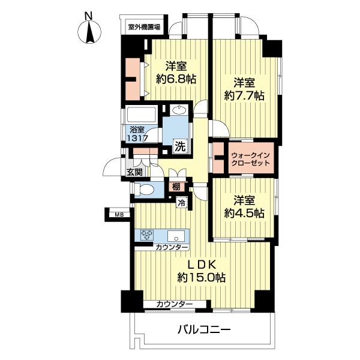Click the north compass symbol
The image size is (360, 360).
(89, 30)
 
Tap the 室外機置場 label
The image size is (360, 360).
(148, 26)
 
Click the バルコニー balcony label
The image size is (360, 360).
(204, 329)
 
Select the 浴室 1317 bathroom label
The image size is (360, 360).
(136, 133)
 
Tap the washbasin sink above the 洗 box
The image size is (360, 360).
(178, 110)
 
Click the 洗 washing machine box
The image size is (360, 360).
(179, 145)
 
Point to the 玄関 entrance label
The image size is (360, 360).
(134, 172)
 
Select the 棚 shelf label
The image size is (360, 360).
(175, 187)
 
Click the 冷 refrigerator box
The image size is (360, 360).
(180, 203)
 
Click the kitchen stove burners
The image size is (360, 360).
(148, 235)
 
